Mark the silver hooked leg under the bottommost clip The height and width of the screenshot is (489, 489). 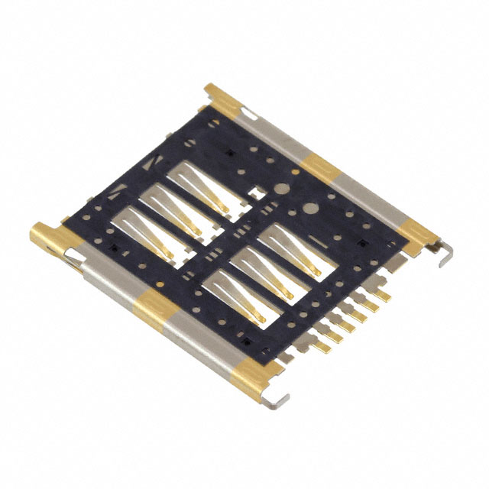[278, 397]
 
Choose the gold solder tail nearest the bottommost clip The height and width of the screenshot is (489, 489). [322, 346]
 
